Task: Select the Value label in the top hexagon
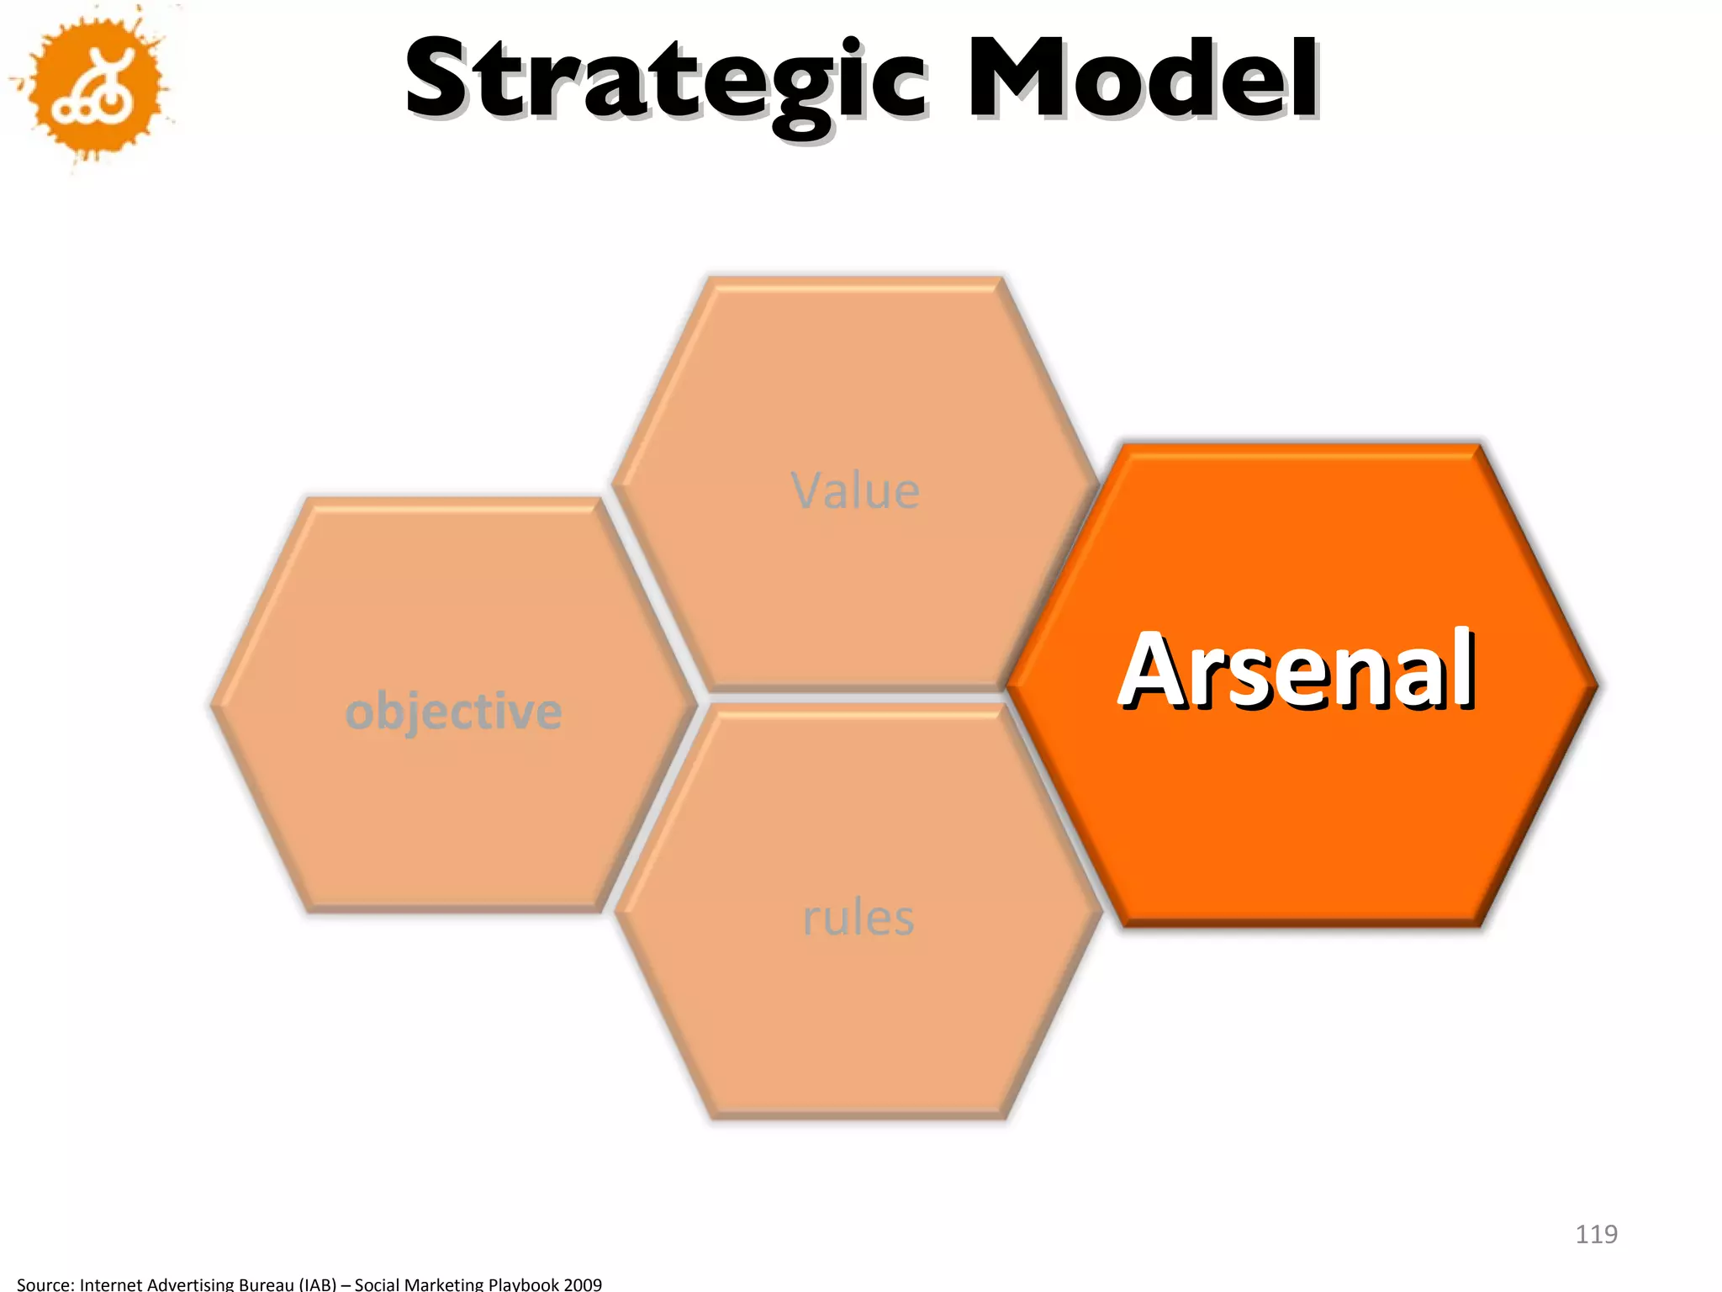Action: tap(855, 490)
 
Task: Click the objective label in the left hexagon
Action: tap(453, 712)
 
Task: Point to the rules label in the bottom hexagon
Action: tap(858, 917)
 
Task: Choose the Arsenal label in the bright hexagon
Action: tap(1297, 670)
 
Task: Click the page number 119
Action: tap(1596, 1234)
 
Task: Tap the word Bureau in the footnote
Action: tap(264, 1284)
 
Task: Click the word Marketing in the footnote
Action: tap(443, 1284)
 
